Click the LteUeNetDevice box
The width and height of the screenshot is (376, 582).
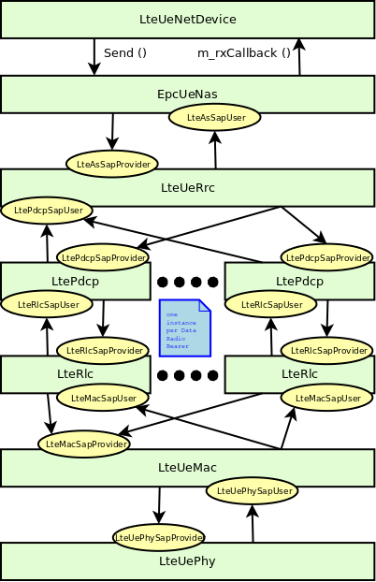(x=187, y=19)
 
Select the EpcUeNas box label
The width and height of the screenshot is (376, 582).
(x=187, y=94)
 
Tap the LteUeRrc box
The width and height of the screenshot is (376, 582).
(x=187, y=187)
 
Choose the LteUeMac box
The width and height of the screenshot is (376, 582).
(x=187, y=466)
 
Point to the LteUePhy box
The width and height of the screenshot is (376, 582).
(x=187, y=561)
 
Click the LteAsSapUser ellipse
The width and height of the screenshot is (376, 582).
(x=214, y=117)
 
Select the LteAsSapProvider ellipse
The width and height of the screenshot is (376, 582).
(x=111, y=163)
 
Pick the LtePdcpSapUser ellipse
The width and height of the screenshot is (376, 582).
(x=47, y=210)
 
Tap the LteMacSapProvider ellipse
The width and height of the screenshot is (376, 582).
(x=84, y=444)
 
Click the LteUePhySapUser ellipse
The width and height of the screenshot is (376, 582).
(x=252, y=489)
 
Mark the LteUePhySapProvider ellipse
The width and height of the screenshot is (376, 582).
(x=158, y=537)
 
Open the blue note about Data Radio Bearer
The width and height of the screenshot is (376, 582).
(x=184, y=328)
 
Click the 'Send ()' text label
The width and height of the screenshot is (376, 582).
(x=125, y=53)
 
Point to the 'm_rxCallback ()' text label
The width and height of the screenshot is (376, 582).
(x=243, y=53)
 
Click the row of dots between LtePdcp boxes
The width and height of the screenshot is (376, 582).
(x=187, y=282)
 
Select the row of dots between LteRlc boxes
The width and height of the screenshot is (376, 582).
(x=187, y=375)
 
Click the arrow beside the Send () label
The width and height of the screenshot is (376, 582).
(x=94, y=56)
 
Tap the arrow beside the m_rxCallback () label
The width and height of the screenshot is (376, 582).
(x=299, y=56)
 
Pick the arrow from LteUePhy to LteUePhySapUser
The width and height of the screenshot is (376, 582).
(x=252, y=523)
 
